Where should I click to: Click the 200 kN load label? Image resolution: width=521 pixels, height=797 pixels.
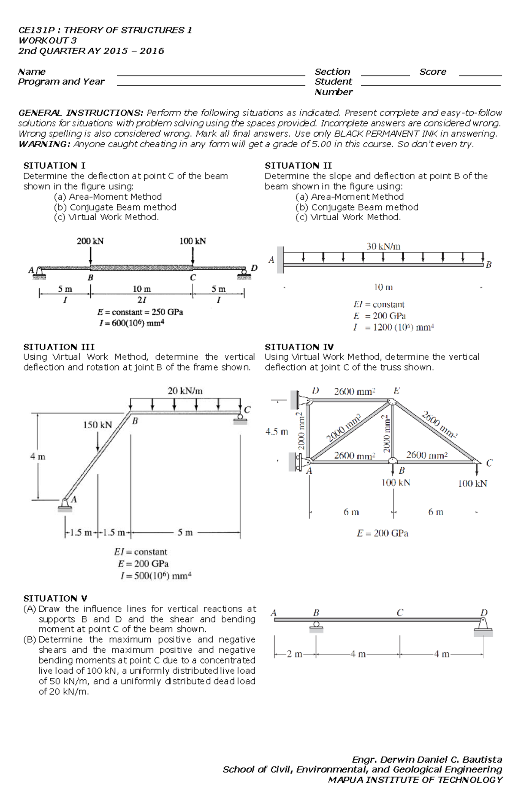pyautogui.click(x=90, y=241)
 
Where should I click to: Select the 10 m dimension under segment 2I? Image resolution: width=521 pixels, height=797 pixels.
pyautogui.click(x=142, y=289)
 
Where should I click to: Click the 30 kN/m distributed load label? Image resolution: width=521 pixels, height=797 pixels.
pyautogui.click(x=383, y=246)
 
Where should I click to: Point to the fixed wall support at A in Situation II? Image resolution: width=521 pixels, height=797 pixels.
pyautogui.click(x=280, y=260)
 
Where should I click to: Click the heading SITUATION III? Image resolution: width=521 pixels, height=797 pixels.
pyautogui.click(x=59, y=347)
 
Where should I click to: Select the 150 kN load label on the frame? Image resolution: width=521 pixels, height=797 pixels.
pyautogui.click(x=97, y=425)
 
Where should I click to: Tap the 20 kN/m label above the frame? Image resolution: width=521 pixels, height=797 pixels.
pyautogui.click(x=185, y=390)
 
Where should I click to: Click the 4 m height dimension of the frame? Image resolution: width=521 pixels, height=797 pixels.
pyautogui.click(x=37, y=456)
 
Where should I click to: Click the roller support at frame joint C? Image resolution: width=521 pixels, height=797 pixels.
pyautogui.click(x=240, y=419)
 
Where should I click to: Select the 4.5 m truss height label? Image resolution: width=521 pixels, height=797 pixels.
pyautogui.click(x=276, y=432)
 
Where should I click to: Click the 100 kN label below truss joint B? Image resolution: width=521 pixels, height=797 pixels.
pyautogui.click(x=396, y=483)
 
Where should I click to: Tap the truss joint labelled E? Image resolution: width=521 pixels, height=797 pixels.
pyautogui.click(x=392, y=402)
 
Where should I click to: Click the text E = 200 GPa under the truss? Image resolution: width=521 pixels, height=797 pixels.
pyautogui.click(x=382, y=533)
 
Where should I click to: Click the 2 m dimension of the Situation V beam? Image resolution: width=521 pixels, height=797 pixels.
pyautogui.click(x=295, y=654)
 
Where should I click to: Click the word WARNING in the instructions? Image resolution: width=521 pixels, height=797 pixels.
pyautogui.click(x=43, y=144)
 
